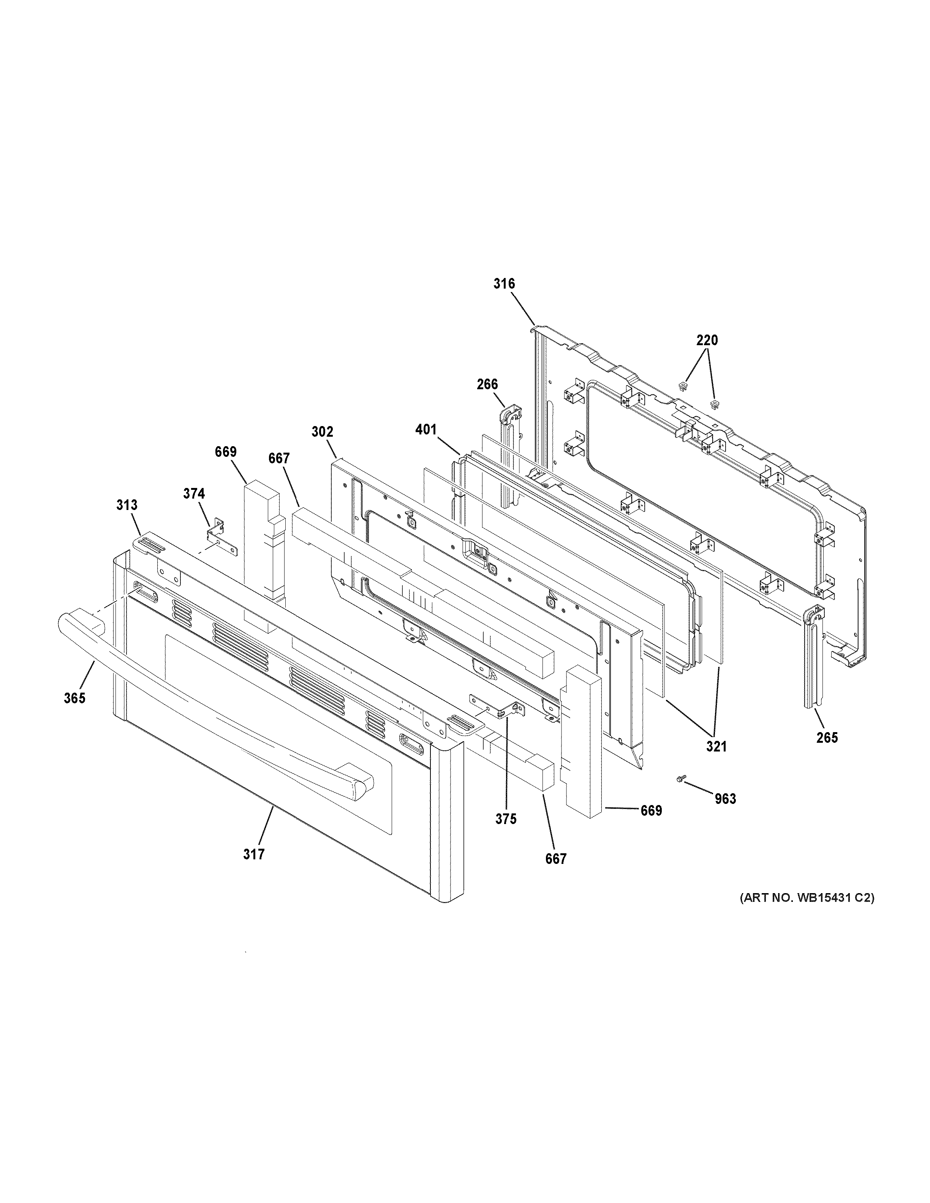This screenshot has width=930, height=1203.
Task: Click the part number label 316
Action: point(504,284)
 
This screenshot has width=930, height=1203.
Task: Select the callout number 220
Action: point(707,340)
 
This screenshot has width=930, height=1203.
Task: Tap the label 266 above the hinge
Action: point(487,384)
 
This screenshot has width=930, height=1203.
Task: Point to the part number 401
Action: point(425,429)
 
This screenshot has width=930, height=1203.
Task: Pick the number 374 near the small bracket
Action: point(194,494)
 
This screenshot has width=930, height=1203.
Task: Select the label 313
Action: point(127,505)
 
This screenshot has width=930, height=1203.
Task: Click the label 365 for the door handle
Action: point(74,698)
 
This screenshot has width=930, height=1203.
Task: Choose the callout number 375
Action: point(505,819)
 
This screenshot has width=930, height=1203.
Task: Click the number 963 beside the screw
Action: point(725,799)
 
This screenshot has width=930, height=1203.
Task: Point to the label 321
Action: point(716,747)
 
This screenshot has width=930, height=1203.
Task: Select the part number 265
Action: point(827,737)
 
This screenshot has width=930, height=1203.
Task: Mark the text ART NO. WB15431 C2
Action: point(807,898)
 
